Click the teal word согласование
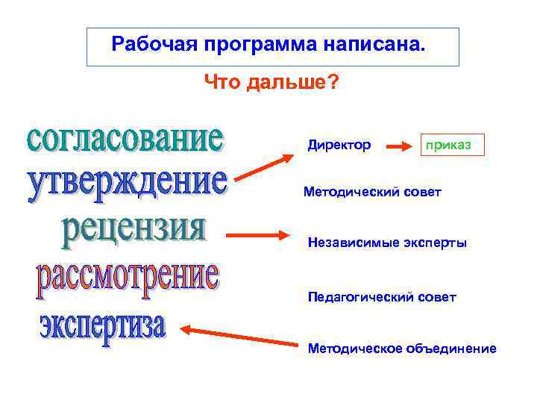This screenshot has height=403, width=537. pyautogui.click(x=125, y=139)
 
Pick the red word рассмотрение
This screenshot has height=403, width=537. pyautogui.click(x=128, y=278)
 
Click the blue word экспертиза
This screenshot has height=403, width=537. pyautogui.click(x=103, y=325)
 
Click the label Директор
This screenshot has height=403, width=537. pyautogui.click(x=339, y=145)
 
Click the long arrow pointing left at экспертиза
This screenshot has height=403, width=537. pyautogui.click(x=239, y=336)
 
